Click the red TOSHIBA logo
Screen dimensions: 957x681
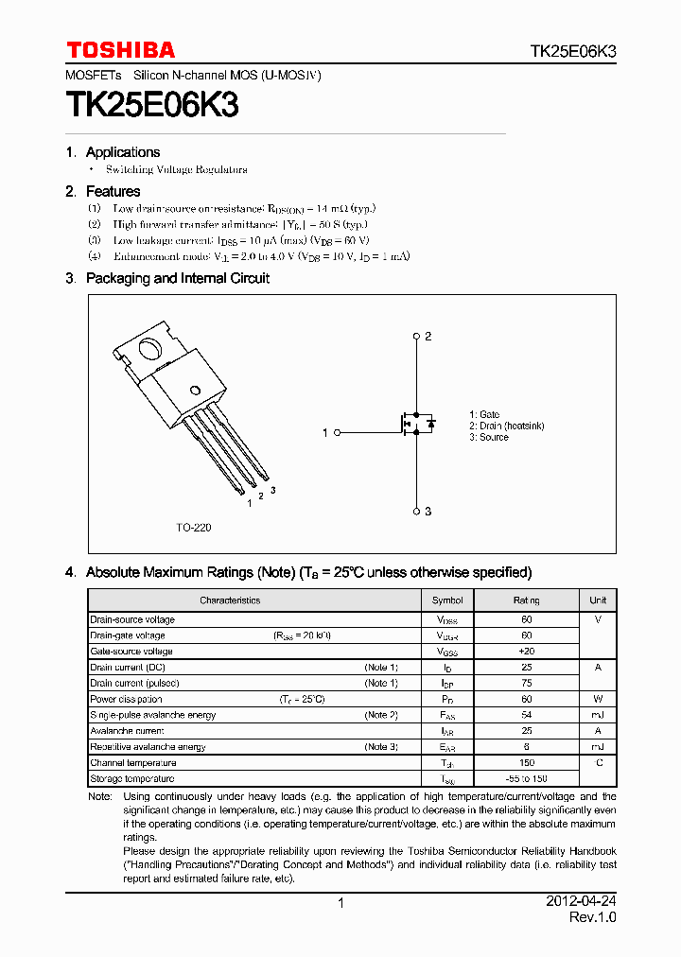(x=120, y=50)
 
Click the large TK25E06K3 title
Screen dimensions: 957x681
(x=151, y=105)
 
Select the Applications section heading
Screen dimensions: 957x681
(x=122, y=152)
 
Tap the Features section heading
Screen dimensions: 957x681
(x=113, y=191)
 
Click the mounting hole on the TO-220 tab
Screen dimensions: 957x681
(x=150, y=349)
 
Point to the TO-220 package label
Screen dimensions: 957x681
(x=193, y=528)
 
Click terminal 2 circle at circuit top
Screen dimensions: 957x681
(x=417, y=337)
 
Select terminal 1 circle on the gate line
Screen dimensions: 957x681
(x=337, y=432)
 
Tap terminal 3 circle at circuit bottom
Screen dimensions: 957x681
(x=417, y=511)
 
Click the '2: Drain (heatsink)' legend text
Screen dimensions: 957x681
(x=506, y=426)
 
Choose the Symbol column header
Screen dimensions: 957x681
(x=447, y=600)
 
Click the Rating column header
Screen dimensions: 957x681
(x=526, y=600)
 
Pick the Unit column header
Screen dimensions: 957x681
(x=598, y=600)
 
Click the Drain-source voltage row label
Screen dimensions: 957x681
(x=132, y=619)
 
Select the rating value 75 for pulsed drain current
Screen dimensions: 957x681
(x=526, y=683)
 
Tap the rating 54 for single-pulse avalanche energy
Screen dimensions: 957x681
(x=526, y=715)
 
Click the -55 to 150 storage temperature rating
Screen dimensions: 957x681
(x=526, y=778)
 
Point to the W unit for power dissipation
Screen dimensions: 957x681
(x=598, y=699)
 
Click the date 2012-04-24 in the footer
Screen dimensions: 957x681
(x=580, y=902)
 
